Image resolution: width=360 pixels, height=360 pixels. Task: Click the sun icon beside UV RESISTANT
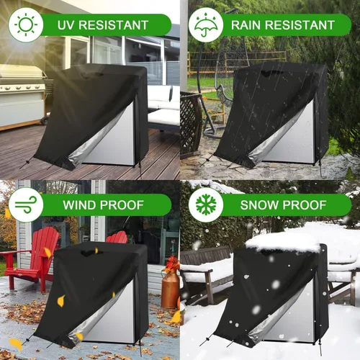25,25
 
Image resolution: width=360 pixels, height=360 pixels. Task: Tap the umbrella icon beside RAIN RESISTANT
205,25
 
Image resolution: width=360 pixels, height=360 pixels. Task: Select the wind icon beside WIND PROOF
25,205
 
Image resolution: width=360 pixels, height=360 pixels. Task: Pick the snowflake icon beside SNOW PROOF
205,205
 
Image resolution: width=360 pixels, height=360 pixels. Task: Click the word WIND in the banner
83,205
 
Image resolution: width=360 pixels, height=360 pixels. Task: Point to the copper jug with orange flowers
171,288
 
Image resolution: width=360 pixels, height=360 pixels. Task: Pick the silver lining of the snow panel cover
292,317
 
